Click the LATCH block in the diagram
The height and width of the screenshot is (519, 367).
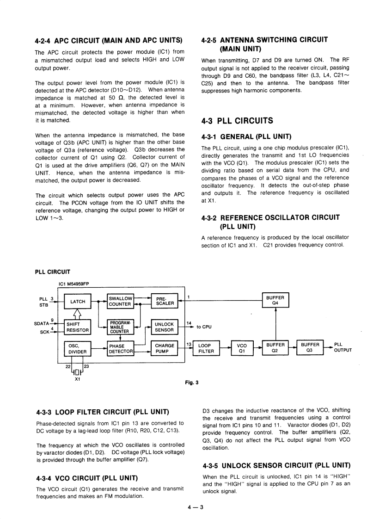[78, 301]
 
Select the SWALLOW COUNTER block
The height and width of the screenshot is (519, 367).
[120, 301]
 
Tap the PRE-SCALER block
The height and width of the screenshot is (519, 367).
[165, 301]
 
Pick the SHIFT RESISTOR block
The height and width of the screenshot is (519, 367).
[78, 327]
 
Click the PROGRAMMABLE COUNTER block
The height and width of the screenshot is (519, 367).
[120, 327]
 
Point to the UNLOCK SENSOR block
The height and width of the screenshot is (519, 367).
[165, 327]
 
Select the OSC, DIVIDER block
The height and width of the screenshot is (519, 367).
[78, 348]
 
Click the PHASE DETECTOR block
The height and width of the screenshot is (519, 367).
[120, 348]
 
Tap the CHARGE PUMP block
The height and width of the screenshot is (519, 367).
[165, 348]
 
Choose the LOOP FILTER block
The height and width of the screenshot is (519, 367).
[206, 348]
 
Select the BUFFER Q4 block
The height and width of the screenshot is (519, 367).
[275, 301]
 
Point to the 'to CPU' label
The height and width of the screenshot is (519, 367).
[204, 327]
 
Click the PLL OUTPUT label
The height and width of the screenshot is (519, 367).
[343, 347]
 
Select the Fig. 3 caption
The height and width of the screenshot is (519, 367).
[191, 383]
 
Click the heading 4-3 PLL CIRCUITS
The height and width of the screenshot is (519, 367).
[237, 121]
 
